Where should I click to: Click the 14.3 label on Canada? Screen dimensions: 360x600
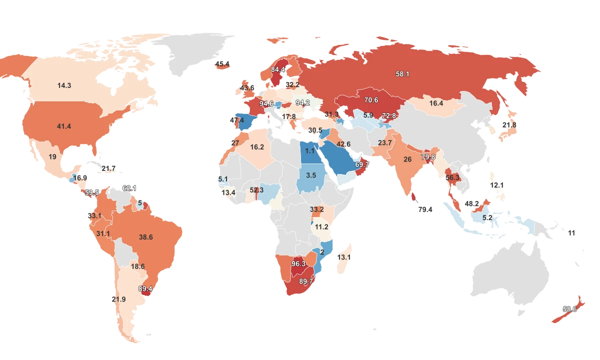(x=64, y=85)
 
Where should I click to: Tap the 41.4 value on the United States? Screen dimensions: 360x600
(x=64, y=126)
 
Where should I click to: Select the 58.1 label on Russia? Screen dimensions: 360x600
(x=402, y=74)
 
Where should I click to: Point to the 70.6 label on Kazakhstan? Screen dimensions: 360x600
(x=371, y=100)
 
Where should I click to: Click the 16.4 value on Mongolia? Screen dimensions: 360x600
(x=436, y=103)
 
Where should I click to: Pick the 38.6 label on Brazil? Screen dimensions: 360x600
(x=145, y=237)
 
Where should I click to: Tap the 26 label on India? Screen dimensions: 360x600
(x=407, y=159)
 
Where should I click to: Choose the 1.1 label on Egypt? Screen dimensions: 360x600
(x=310, y=150)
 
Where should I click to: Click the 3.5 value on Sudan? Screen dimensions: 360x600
(x=311, y=175)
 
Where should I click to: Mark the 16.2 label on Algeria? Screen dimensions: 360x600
(x=257, y=147)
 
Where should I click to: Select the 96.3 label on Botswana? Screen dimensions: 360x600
(x=298, y=263)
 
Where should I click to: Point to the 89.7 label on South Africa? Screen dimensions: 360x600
(x=306, y=281)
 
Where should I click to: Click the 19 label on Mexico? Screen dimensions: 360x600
(x=52, y=156)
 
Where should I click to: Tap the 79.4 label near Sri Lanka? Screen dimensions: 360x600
(x=425, y=209)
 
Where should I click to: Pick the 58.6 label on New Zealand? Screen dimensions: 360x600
(x=569, y=309)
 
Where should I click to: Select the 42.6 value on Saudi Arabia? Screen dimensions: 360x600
(x=343, y=144)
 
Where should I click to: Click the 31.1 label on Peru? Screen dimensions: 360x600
(x=103, y=233)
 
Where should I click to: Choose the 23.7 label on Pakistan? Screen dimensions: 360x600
(x=385, y=143)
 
